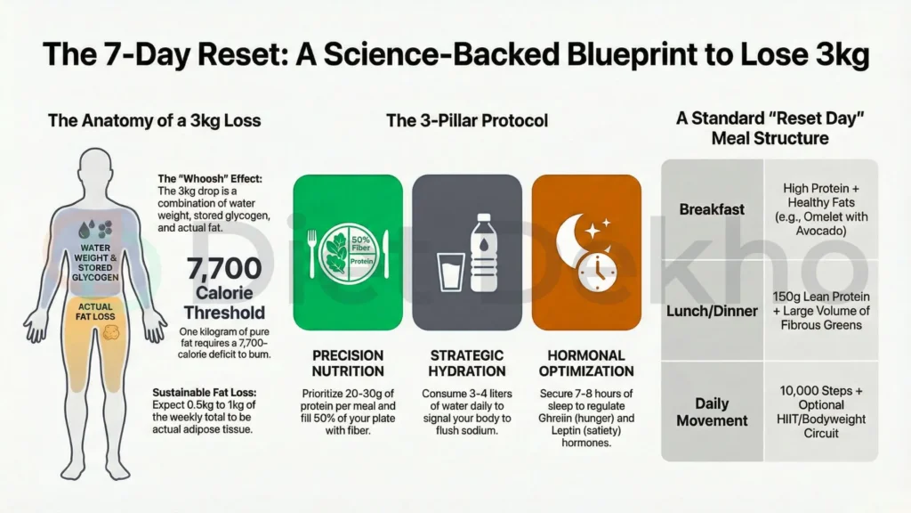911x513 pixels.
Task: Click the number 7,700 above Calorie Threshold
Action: pyautogui.click(x=224, y=268)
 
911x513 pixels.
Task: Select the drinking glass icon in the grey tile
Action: pyautogui.click(x=450, y=272)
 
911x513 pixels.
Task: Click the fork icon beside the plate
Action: pyautogui.click(x=312, y=253)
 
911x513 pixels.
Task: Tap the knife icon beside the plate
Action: pyautogui.click(x=384, y=254)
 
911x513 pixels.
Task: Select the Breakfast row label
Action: pyautogui.click(x=712, y=209)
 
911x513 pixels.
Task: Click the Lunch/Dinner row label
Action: pyautogui.click(x=712, y=311)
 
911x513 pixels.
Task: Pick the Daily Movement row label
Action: pyautogui.click(x=712, y=411)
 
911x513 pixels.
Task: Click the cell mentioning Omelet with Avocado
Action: pyautogui.click(x=821, y=209)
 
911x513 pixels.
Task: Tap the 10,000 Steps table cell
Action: pyautogui.click(x=821, y=411)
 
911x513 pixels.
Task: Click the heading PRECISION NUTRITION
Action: pyautogui.click(x=348, y=363)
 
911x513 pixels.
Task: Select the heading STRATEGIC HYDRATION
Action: pyautogui.click(x=467, y=363)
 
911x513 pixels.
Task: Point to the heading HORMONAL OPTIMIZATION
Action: pyautogui.click(x=586, y=363)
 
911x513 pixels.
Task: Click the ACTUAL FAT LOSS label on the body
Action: pyautogui.click(x=95, y=311)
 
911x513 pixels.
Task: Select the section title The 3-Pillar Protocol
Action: pyautogui.click(x=467, y=120)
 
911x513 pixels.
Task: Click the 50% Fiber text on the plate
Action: pyautogui.click(x=361, y=243)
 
